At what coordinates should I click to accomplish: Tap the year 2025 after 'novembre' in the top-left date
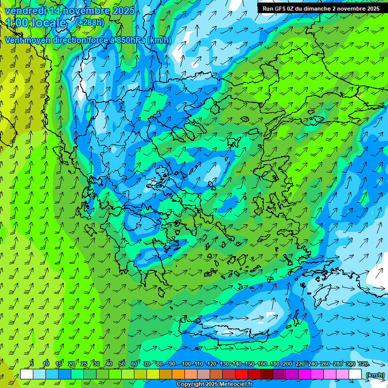[123, 11]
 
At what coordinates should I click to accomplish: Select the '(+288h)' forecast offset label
[89, 22]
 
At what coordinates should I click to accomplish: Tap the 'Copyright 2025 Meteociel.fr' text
[214, 384]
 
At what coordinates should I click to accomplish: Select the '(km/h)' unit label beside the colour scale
[374, 374]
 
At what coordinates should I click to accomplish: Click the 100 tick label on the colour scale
[186, 364]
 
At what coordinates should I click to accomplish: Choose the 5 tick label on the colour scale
[32, 364]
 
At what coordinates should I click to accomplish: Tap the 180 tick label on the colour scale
[275, 364]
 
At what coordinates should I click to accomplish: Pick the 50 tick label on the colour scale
[122, 364]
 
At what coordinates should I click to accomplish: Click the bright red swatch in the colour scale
[241, 374]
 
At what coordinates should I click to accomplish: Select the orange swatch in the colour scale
[178, 374]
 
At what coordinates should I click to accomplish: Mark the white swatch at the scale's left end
[27, 374]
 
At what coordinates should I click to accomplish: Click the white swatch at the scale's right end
[355, 374]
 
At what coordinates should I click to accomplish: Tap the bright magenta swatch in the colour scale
[305, 374]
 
